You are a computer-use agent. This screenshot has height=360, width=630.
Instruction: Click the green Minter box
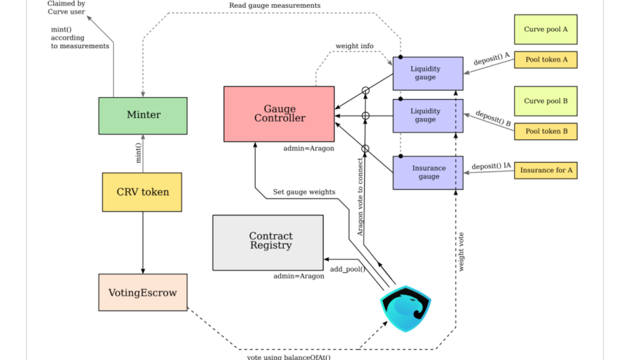[x=143, y=115]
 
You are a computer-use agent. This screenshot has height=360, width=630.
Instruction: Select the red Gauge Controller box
[x=279, y=114]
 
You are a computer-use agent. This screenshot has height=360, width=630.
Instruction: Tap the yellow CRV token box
[x=142, y=192]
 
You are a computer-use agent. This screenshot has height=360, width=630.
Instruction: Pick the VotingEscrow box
[x=143, y=293]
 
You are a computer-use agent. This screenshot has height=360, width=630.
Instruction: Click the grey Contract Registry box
[x=268, y=242]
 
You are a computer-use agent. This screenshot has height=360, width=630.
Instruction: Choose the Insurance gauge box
[x=428, y=173]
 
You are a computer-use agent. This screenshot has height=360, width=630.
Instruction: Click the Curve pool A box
[x=545, y=29]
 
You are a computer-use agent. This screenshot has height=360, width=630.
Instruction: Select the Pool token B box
[x=545, y=131]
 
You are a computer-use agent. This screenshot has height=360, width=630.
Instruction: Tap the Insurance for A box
[x=545, y=170]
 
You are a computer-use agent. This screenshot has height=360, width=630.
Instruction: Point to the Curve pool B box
[x=545, y=101]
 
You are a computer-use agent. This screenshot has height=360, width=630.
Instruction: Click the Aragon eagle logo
[x=406, y=308]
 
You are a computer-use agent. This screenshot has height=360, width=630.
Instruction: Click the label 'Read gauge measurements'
[x=275, y=5]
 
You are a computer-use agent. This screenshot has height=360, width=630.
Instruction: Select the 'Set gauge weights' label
[x=304, y=192]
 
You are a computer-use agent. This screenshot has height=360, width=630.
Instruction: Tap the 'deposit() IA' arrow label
[x=491, y=166]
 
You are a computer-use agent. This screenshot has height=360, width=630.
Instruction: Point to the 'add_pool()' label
[x=347, y=269]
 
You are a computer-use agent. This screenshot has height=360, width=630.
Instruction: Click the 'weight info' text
[x=355, y=46]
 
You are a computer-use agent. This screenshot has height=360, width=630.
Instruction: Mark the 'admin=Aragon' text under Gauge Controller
[x=308, y=148]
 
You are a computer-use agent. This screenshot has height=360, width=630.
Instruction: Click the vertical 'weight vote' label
[x=461, y=252]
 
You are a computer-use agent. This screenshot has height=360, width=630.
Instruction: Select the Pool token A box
[x=545, y=59]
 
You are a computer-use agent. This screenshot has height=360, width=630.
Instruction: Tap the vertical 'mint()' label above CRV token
[x=139, y=153]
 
